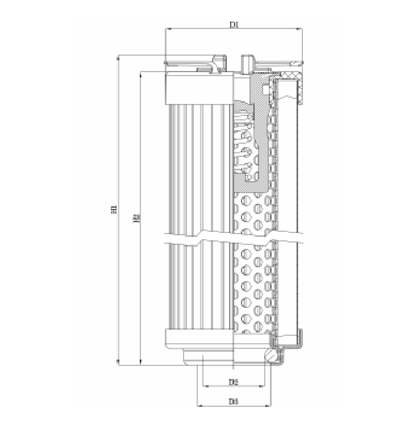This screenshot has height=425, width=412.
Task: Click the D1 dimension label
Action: pyautogui.click(x=234, y=24)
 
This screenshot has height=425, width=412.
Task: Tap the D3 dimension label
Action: pyautogui.click(x=233, y=401)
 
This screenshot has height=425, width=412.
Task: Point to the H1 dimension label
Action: pyautogui.click(x=113, y=210)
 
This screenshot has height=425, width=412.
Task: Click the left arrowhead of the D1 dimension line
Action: pyautogui.click(x=166, y=30)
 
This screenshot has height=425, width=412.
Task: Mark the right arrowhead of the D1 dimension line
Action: pyautogui.click(x=301, y=30)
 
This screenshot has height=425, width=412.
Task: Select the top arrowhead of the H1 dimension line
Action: pyautogui.click(x=118, y=58)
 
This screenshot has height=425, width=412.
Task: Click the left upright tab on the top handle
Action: pyautogui.click(x=218, y=63)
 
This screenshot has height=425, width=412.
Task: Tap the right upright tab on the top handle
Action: pyautogui.click(x=247, y=61)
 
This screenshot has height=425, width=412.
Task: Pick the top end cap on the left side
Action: pyautogui.click(x=199, y=88)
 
